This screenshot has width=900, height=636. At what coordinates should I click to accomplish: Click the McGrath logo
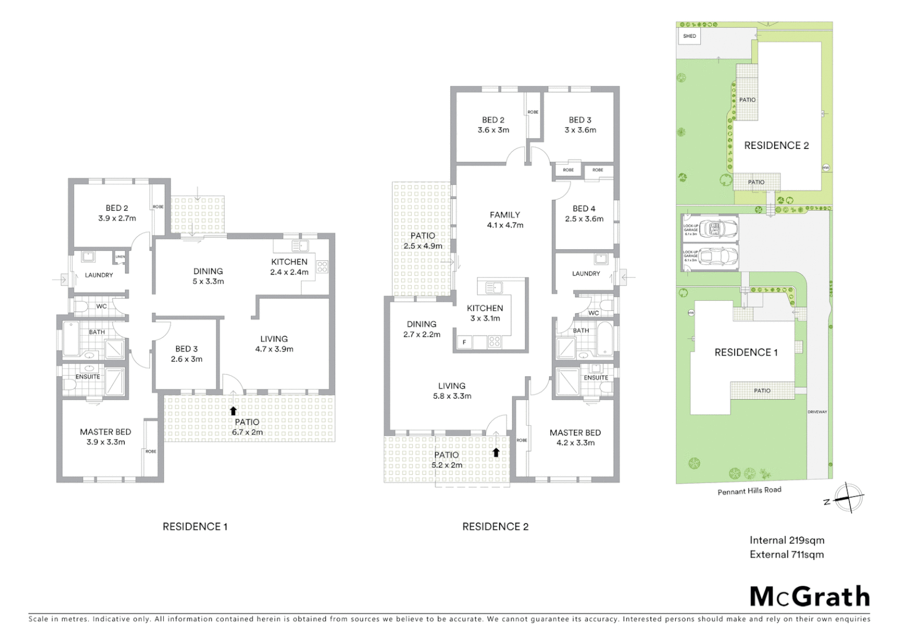(809, 597)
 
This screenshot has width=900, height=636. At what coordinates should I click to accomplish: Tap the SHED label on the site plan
(689, 36)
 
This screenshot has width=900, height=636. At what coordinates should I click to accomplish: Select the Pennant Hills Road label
(749, 491)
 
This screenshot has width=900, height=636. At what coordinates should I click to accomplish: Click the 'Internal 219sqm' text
(786, 540)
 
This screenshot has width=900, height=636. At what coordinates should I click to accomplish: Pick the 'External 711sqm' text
(786, 554)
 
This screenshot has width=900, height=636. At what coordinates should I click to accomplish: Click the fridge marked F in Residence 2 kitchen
(464, 342)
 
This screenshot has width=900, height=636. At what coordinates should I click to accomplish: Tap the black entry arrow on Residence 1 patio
(233, 411)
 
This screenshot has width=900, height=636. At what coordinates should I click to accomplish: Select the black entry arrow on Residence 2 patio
(496, 452)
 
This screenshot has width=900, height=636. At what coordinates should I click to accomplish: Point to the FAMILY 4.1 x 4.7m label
(505, 220)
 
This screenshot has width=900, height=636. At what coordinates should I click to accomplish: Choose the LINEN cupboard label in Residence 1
(120, 257)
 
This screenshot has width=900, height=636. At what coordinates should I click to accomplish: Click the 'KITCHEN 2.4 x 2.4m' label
(289, 267)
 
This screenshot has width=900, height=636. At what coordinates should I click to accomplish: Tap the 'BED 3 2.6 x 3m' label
(187, 354)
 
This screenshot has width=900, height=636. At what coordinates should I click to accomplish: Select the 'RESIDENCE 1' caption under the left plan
(195, 526)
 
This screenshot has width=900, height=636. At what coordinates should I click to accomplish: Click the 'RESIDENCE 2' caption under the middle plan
(495, 526)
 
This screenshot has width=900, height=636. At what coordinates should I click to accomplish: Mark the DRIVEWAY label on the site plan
(818, 412)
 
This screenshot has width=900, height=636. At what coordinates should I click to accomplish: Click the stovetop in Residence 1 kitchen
(322, 267)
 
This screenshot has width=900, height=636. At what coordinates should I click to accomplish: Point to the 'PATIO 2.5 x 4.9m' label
(423, 240)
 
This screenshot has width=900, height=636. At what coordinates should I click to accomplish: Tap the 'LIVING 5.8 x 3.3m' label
(452, 391)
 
